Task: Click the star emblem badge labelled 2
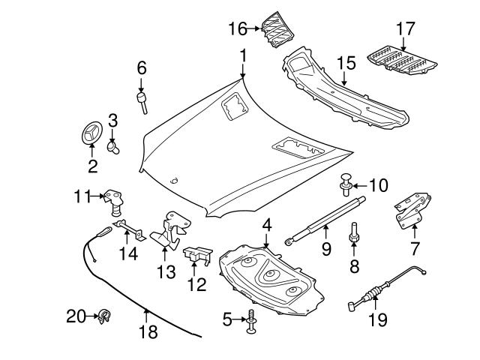tap(91, 136)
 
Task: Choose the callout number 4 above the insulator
tap(266, 223)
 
